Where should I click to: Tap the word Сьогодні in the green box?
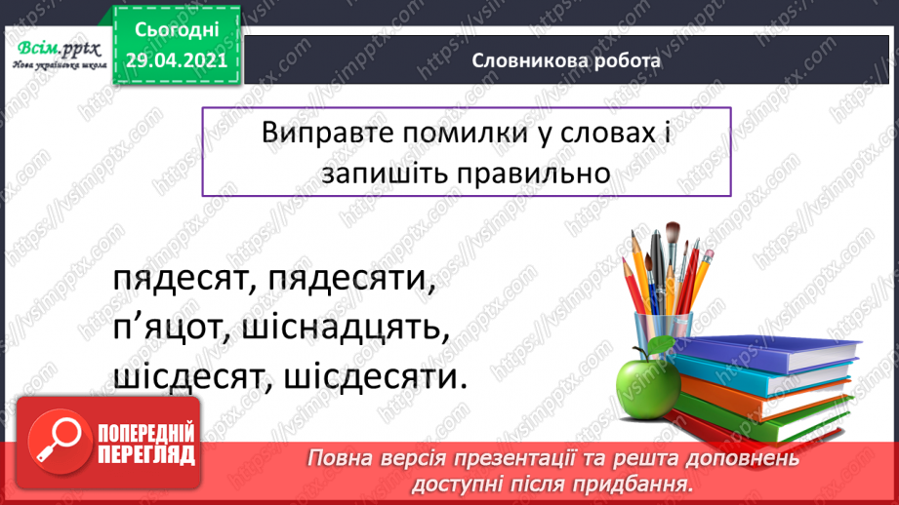point(177,30)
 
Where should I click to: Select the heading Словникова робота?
point(566,60)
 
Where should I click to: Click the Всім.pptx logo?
point(59,55)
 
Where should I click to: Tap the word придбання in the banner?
point(638,485)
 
